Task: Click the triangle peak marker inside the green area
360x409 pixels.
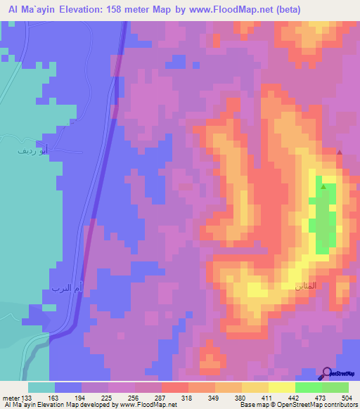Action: [323, 186]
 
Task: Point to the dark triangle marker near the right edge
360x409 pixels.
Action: [340, 152]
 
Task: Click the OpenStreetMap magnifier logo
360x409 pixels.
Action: [328, 373]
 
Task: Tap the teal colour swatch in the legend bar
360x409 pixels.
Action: [41, 387]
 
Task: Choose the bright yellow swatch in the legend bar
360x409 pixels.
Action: [281, 387]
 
